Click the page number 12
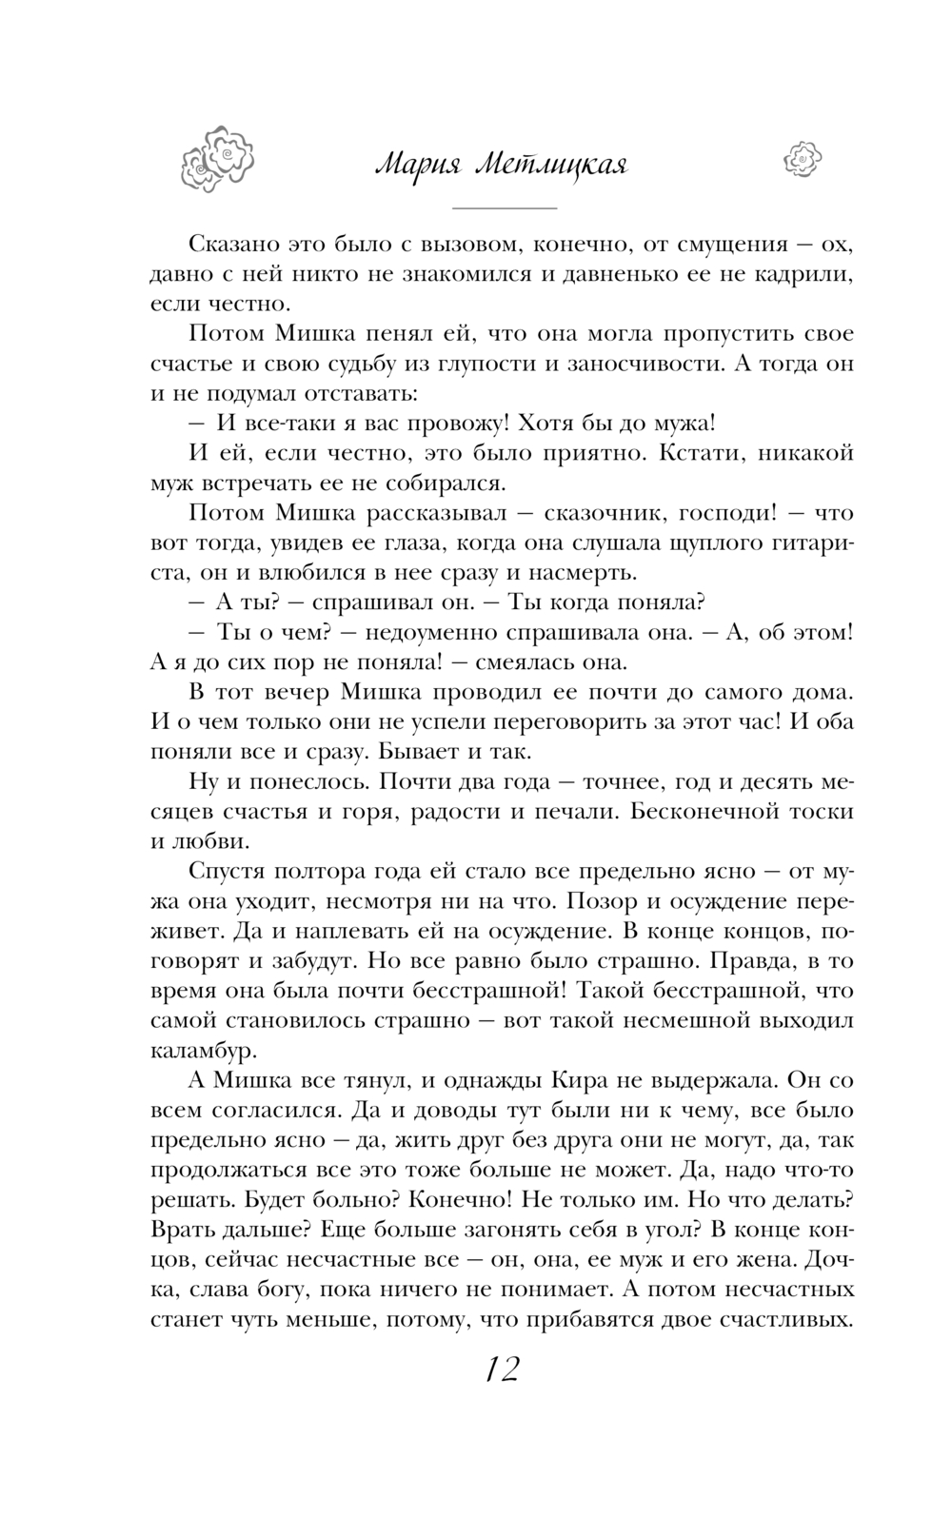501,1370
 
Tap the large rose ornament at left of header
219,158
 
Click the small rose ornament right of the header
802,158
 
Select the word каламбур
204,1051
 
